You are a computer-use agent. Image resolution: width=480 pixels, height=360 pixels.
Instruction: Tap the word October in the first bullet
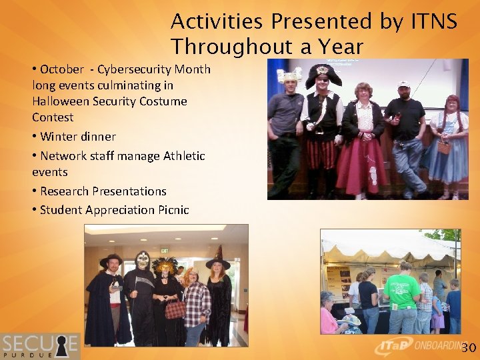coord(62,69)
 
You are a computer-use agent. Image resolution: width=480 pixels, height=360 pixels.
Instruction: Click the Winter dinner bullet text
coord(77,137)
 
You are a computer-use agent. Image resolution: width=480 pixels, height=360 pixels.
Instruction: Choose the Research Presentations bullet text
coord(103,191)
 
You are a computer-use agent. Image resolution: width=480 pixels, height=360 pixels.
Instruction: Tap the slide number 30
coord(469,348)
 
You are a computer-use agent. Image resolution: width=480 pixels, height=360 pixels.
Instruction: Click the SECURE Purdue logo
coord(40,346)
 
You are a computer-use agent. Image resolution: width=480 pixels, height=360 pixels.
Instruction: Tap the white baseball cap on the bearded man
coord(403,85)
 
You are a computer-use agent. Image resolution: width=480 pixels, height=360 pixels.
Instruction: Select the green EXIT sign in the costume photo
coord(164,251)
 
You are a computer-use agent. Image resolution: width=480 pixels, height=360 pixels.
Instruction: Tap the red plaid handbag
coord(175,309)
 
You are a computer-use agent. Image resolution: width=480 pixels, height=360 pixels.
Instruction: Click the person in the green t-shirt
coord(403,297)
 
